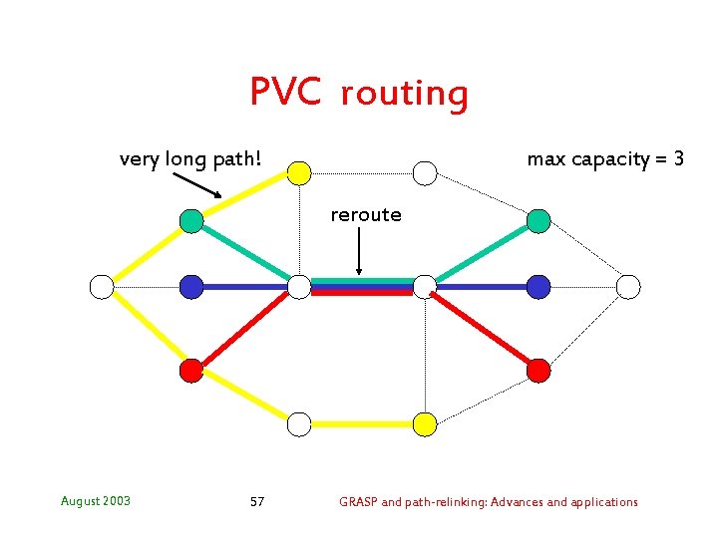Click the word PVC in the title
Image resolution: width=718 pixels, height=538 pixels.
pyautogui.click(x=285, y=92)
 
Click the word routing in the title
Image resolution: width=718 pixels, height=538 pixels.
pyautogui.click(x=403, y=94)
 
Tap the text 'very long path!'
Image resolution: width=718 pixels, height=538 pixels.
pyautogui.click(x=190, y=159)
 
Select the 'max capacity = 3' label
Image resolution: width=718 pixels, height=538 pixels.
pyautogui.click(x=605, y=159)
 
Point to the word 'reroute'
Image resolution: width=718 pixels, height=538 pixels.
pyautogui.click(x=366, y=215)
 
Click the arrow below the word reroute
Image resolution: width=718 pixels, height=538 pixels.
pyautogui.click(x=359, y=254)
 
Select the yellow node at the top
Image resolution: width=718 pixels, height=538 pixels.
pyautogui.click(x=299, y=173)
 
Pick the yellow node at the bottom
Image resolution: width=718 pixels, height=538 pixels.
pyautogui.click(x=425, y=424)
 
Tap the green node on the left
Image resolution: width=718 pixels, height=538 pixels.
pyautogui.click(x=191, y=220)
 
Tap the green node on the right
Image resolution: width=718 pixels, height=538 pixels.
pyautogui.click(x=538, y=220)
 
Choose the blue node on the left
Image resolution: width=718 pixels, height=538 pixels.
pyautogui.click(x=191, y=287)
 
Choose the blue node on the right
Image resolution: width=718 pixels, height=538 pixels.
pyautogui.click(x=538, y=287)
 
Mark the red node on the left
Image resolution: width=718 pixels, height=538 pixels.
pyautogui.click(x=191, y=371)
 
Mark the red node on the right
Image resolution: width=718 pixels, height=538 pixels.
pyautogui.click(x=538, y=371)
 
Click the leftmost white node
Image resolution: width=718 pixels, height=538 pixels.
pyautogui.click(x=102, y=287)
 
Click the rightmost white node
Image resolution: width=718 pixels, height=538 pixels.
pyautogui.click(x=628, y=287)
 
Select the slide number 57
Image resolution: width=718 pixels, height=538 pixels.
pyautogui.click(x=257, y=502)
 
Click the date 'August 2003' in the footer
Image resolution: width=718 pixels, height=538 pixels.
pyautogui.click(x=96, y=501)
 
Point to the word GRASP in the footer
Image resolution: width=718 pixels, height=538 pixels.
pyautogui.click(x=358, y=502)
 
